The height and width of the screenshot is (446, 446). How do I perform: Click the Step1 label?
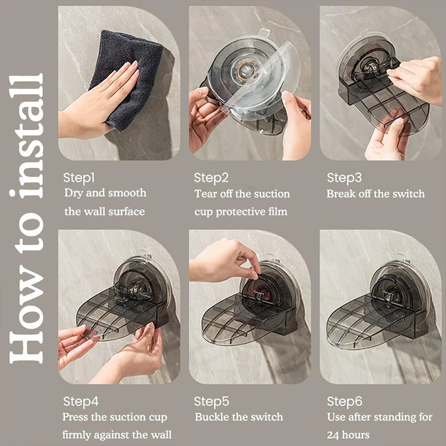tap(79, 178)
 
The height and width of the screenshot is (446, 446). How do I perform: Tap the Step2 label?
tap(211, 178)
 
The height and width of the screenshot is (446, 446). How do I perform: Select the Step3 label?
tap(344, 178)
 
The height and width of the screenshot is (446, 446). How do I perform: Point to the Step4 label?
tap(81, 401)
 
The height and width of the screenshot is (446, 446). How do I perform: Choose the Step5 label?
tap(211, 401)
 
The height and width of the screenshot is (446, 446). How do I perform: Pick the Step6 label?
tap(345, 401)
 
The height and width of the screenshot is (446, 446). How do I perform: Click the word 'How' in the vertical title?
tap(26, 317)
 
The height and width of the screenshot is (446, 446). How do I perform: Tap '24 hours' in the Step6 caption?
tap(348, 435)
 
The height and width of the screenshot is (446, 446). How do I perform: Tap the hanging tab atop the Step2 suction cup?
tap(264, 32)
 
